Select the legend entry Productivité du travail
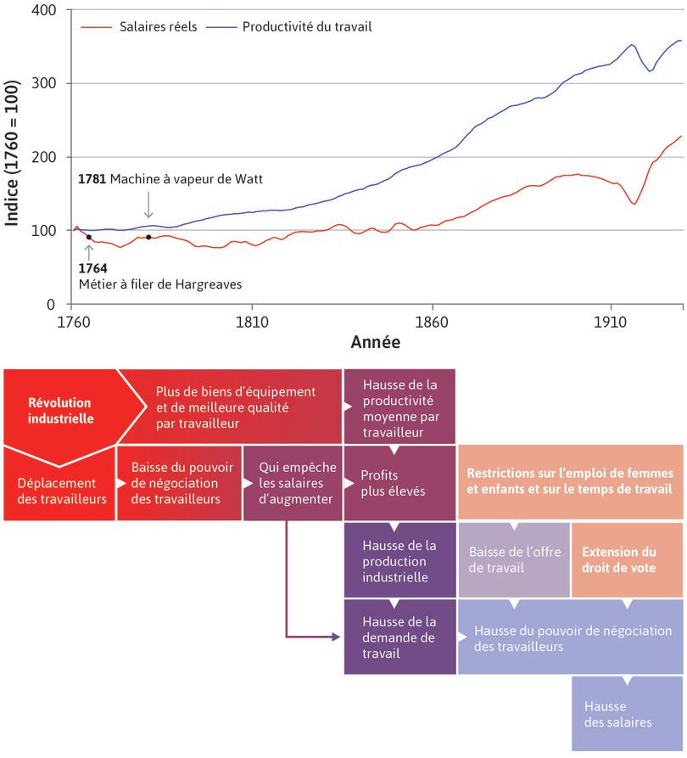[306, 27]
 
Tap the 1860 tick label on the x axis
[432, 323]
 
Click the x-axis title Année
[376, 343]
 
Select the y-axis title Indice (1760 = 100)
[13, 157]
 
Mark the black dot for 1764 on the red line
[89, 238]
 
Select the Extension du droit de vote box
[626, 560]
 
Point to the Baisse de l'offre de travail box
[514, 560]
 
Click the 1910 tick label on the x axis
[610, 323]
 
